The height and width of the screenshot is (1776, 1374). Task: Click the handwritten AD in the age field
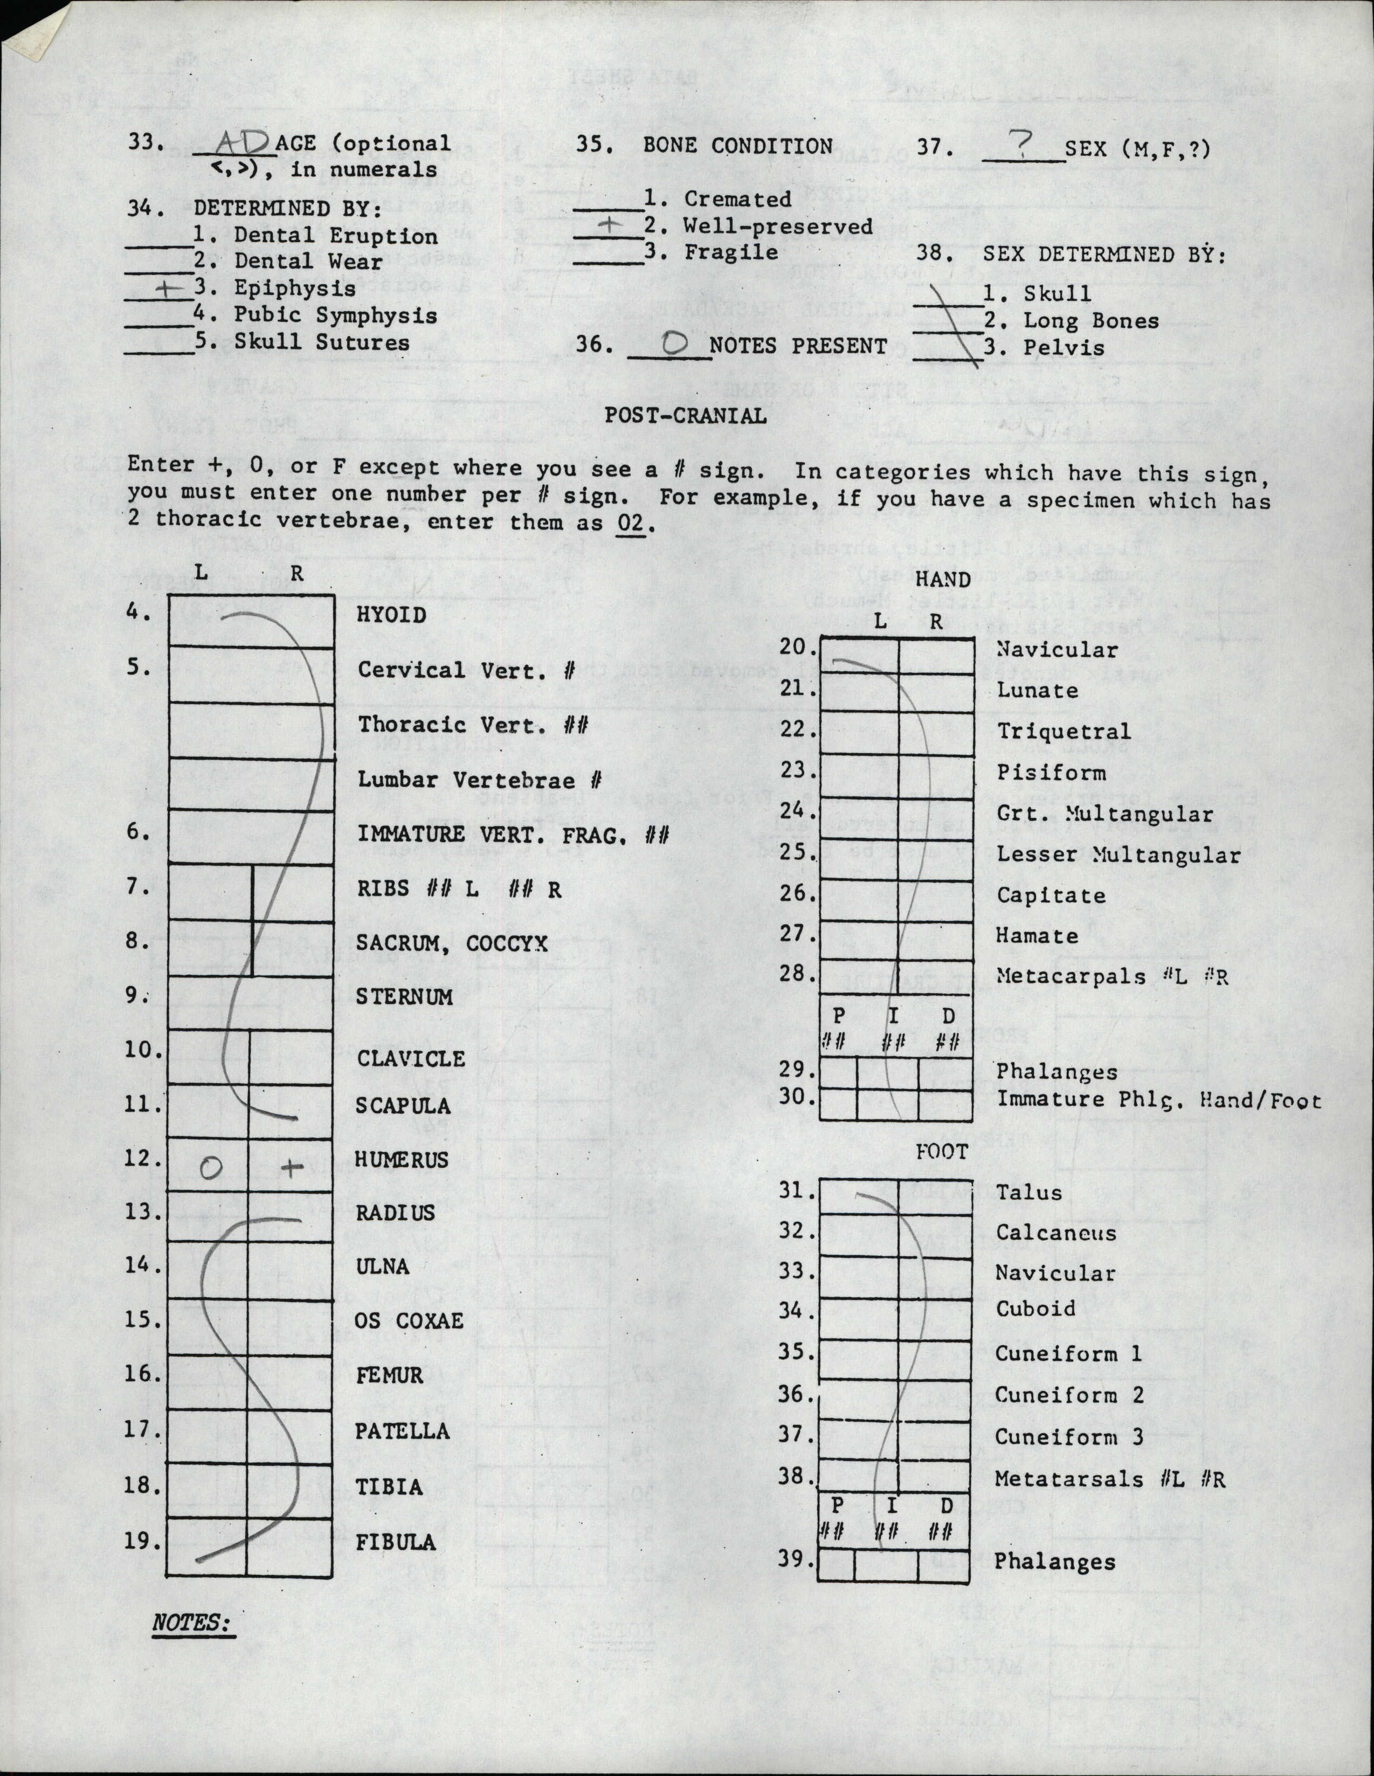pos(243,144)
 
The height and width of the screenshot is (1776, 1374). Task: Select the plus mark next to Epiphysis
pos(167,288)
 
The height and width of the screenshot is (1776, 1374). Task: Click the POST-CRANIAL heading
pos(685,416)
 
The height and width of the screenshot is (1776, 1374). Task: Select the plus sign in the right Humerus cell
pos(291,1168)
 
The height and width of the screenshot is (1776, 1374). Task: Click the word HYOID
pos(391,615)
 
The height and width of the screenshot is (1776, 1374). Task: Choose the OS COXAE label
pos(409,1320)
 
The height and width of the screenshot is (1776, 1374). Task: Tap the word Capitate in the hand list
pos(1051,896)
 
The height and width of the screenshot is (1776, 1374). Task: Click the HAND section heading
pos(942,580)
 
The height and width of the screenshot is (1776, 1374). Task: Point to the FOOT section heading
pos(942,1152)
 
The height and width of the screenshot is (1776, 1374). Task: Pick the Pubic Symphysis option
pos(335,315)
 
